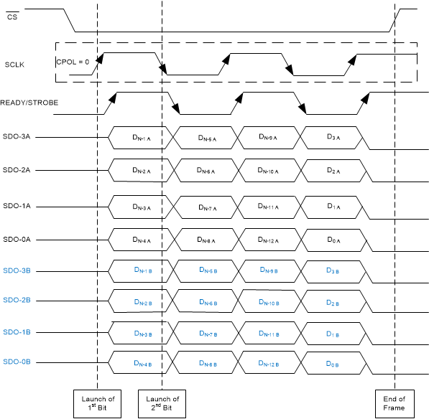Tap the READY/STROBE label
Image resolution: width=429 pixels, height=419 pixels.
pos(29,103)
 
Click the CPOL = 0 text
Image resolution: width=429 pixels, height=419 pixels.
pos(73,62)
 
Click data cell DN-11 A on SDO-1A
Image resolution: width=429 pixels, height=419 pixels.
pos(267,207)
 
